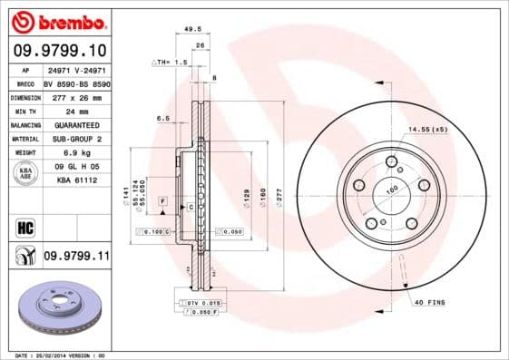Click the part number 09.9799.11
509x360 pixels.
[76, 257]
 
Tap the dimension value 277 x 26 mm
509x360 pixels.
[77, 96]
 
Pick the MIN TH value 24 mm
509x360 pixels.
[75, 110]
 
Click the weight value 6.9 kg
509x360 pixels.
[75, 152]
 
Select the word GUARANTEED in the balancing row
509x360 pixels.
[76, 124]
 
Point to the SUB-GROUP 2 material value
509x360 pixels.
[76, 139]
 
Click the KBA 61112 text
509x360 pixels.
[76, 180]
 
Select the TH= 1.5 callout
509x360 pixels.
[169, 63]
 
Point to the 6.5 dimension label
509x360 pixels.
[163, 119]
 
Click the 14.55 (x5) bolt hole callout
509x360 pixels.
[427, 130]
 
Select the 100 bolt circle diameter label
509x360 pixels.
[393, 190]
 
